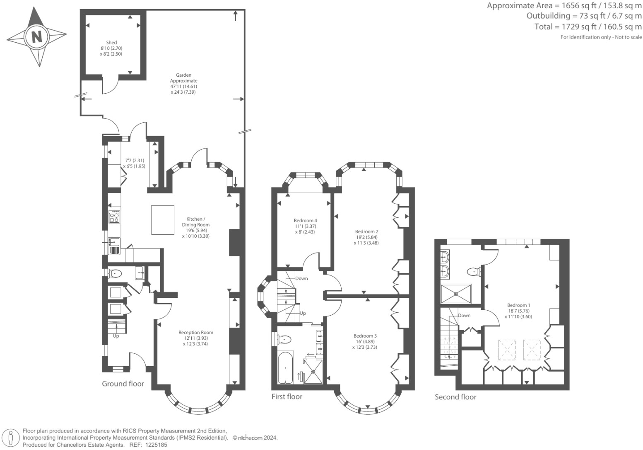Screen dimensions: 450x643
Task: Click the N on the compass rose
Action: click(37, 37)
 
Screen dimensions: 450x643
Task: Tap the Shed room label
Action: click(111, 42)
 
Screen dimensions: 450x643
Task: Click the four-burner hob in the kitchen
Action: click(114, 217)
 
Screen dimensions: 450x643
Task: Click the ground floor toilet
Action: click(115, 273)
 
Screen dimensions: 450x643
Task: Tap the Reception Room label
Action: click(196, 332)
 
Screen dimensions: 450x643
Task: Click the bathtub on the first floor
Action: click(285, 368)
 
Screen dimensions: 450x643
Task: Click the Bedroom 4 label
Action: click(305, 220)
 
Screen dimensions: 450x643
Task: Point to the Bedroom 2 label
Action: click(366, 231)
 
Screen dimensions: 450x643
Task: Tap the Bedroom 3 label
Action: click(365, 336)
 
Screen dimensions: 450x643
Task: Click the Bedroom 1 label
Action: click(519, 305)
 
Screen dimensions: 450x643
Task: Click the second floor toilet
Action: click(473, 272)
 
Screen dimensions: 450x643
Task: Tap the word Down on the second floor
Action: click(464, 315)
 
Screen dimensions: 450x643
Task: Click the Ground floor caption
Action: click(123, 384)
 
